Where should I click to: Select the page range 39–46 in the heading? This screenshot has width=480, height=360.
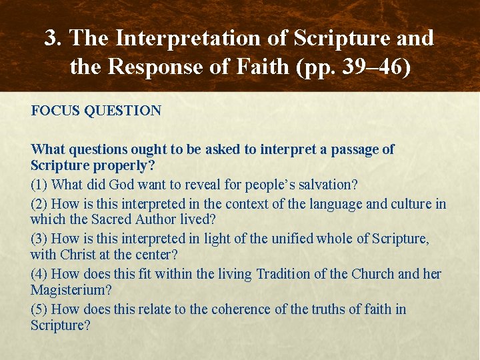coord(377,67)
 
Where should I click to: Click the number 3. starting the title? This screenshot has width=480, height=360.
coord(54,38)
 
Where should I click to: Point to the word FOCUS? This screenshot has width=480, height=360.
coord(56,111)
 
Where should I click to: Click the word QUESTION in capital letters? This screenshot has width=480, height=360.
coord(123,111)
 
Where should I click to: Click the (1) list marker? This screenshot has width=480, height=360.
coord(39,185)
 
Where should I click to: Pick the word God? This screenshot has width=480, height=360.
coord(123,185)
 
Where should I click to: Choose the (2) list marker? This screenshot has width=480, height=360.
coord(39,204)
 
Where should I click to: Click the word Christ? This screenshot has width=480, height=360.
coord(79,255)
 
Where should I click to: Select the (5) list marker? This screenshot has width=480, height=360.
coord(39,309)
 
